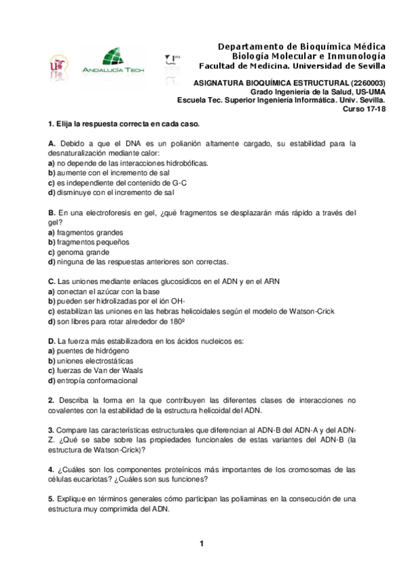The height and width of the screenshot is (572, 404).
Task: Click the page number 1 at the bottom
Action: pyautogui.click(x=201, y=544)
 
